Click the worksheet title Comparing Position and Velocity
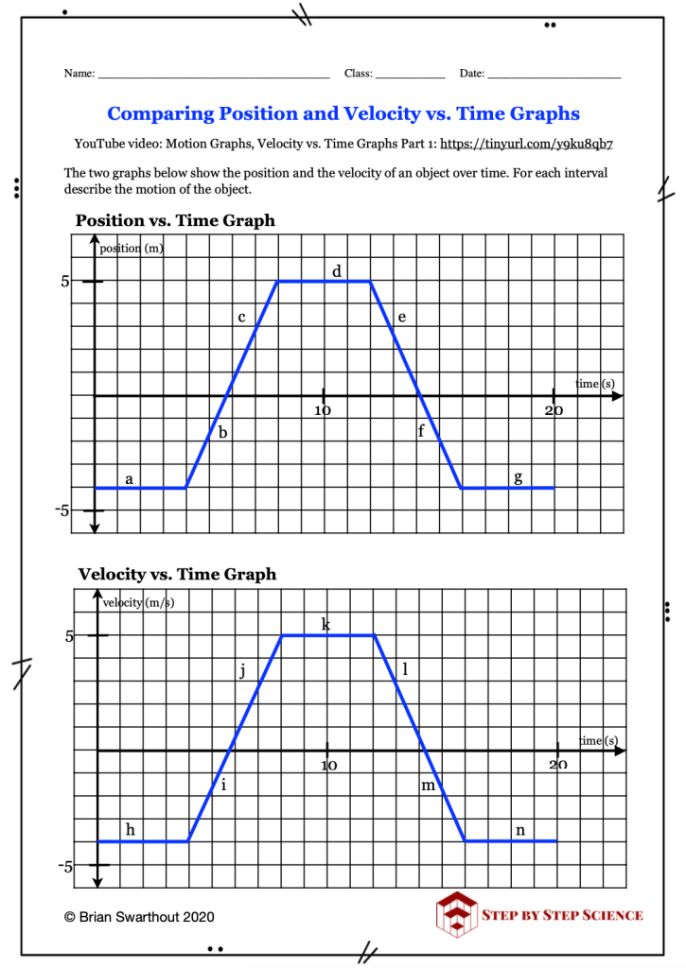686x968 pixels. [x=343, y=114]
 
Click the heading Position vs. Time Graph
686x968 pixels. [x=175, y=221]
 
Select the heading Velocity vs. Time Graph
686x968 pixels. [x=177, y=574]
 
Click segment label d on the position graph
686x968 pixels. [x=336, y=272]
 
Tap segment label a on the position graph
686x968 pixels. [x=129, y=479]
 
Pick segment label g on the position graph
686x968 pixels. [x=518, y=478]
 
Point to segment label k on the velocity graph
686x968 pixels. [x=325, y=625]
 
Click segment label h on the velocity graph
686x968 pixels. [x=130, y=830]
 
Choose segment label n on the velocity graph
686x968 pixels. [x=519, y=830]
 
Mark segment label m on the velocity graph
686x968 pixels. [x=428, y=786]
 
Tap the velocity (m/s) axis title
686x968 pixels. [x=138, y=602]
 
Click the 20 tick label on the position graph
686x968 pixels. [x=554, y=411]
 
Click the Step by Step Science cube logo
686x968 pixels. [x=456, y=914]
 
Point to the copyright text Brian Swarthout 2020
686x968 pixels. [x=139, y=917]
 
